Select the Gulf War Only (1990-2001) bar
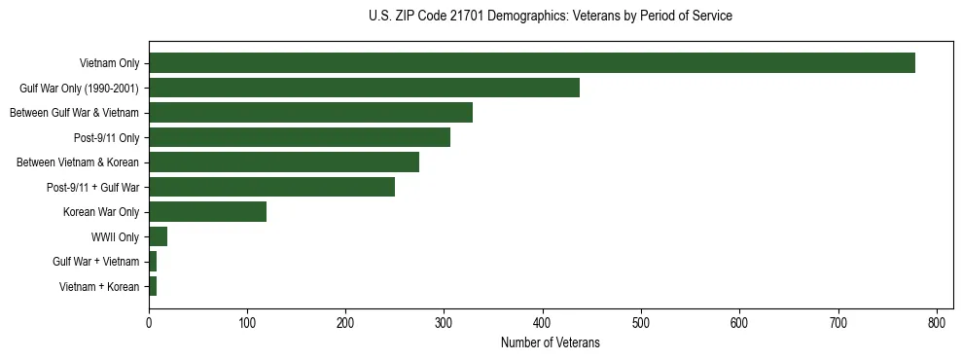click(x=364, y=88)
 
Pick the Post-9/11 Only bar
click(x=299, y=137)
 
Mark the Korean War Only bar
click(x=207, y=212)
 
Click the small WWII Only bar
click(x=158, y=236)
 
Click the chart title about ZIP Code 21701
click(x=551, y=17)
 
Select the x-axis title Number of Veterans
click(x=550, y=343)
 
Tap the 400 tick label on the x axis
click(x=543, y=322)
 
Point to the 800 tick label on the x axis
click(x=937, y=322)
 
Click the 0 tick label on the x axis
click(x=149, y=322)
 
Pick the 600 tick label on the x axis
click(x=739, y=322)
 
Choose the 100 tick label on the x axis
click(x=247, y=322)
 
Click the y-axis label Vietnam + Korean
click(x=99, y=286)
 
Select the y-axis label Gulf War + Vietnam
click(x=96, y=262)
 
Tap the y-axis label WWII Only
click(x=115, y=236)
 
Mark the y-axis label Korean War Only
click(x=101, y=212)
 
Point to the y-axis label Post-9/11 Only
click(x=106, y=137)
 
